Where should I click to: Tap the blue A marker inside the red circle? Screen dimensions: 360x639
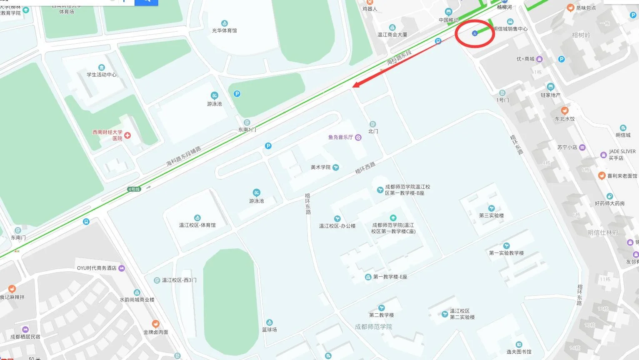click(x=474, y=33)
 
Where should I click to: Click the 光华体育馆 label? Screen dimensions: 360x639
click(x=224, y=30)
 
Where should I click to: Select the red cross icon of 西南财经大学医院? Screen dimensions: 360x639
click(x=127, y=135)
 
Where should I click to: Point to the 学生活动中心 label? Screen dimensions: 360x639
click(x=101, y=75)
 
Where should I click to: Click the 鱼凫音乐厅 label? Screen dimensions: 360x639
click(x=341, y=137)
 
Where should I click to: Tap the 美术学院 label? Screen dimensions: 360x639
click(x=321, y=167)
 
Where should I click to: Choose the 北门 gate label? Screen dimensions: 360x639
click(x=373, y=131)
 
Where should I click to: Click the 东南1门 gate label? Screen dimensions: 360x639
click(x=247, y=130)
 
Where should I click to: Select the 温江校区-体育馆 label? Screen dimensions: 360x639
click(x=197, y=225)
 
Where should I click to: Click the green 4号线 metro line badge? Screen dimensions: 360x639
click(x=134, y=189)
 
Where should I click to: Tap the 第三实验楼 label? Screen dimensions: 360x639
click(x=491, y=215)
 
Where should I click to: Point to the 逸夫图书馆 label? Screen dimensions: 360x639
click(x=519, y=351)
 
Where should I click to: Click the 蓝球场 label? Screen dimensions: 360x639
click(x=269, y=329)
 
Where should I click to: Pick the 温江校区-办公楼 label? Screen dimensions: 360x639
click(x=337, y=226)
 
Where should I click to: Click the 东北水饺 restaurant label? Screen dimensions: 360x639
click(x=564, y=119)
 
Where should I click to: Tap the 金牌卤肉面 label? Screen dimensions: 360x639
click(x=155, y=332)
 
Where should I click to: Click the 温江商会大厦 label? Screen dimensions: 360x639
click(x=392, y=35)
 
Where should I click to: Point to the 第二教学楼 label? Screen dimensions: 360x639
click(x=381, y=315)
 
